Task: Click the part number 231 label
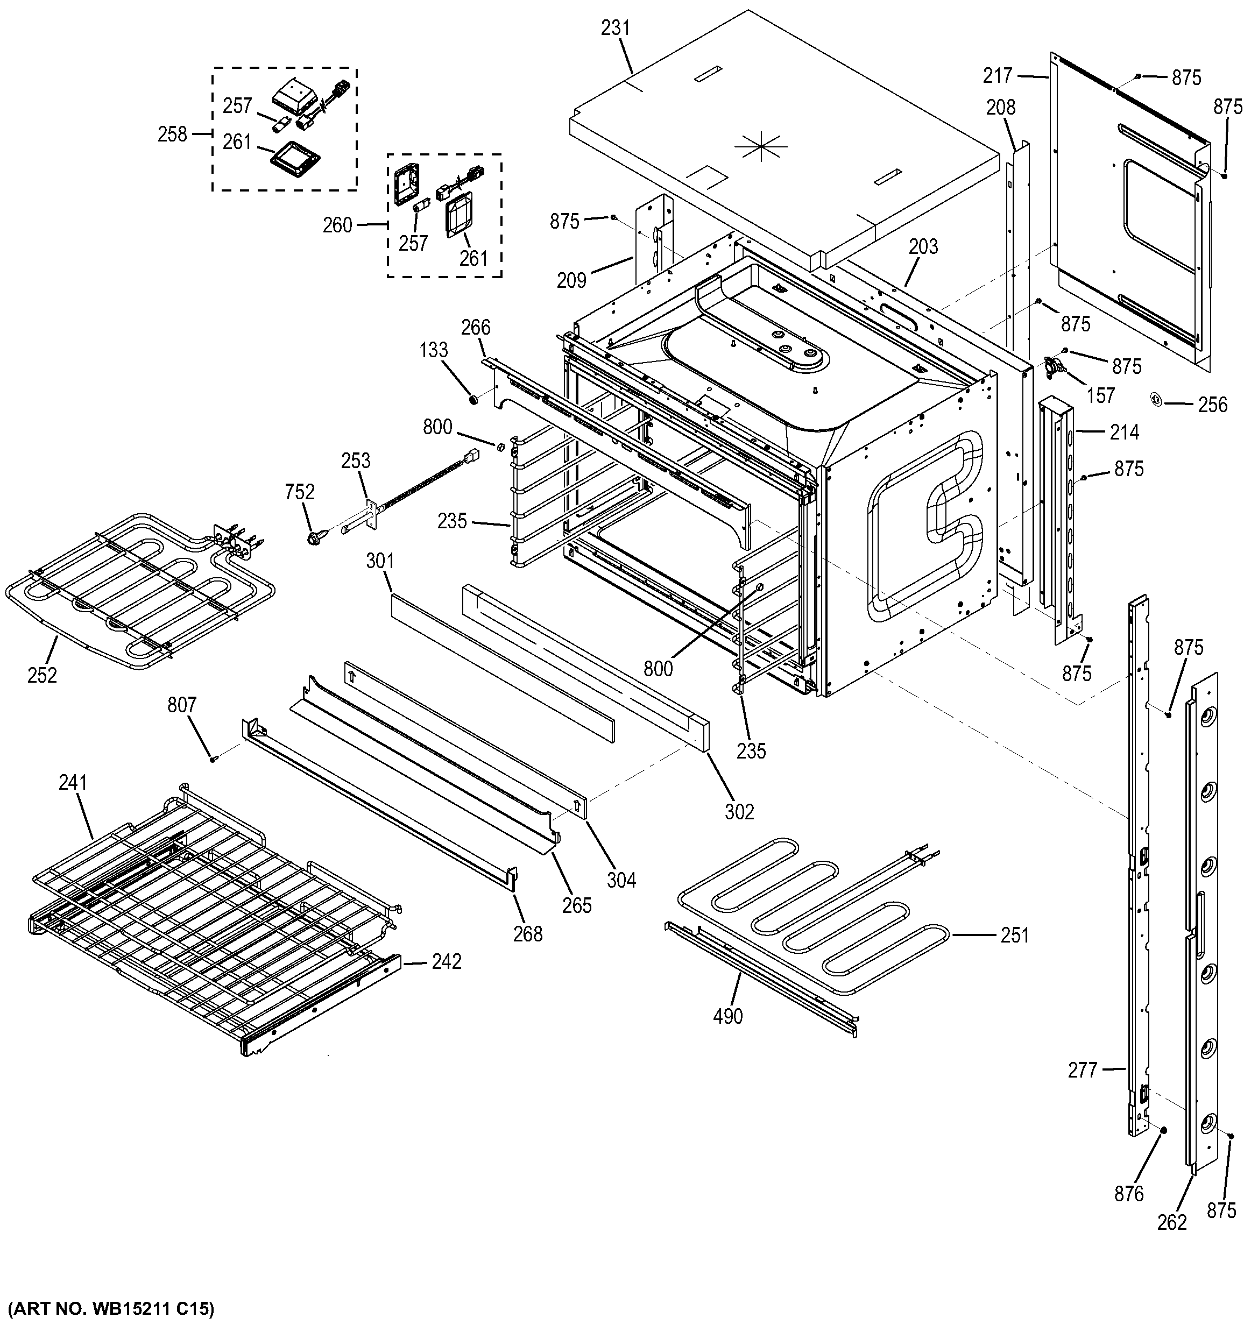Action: click(x=615, y=28)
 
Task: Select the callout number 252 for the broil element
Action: click(x=42, y=675)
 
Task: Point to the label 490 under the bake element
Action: click(x=727, y=1016)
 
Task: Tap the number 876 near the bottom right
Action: click(x=1128, y=1193)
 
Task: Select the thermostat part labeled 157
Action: click(x=1057, y=366)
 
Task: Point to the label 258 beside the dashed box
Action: click(x=172, y=134)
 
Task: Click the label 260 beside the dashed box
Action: click(x=337, y=225)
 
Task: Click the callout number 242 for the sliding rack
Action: click(x=446, y=961)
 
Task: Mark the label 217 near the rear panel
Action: click(x=998, y=76)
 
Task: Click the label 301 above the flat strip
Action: click(x=380, y=562)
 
